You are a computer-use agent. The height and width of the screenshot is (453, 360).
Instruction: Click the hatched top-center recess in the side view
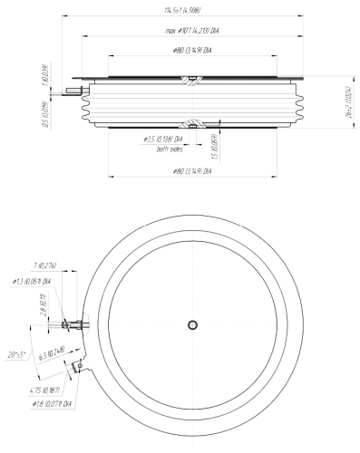coord(192,81)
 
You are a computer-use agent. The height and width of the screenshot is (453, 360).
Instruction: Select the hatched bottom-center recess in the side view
coord(192,123)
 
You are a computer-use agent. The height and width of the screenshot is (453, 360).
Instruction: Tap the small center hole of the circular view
coord(193,324)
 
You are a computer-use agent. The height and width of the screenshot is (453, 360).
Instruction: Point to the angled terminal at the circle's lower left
coord(73,368)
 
